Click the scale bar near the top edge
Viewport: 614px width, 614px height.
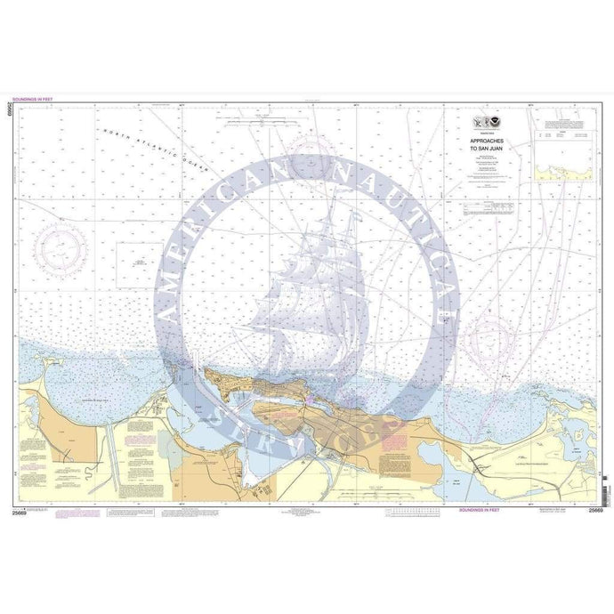click(259, 118)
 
